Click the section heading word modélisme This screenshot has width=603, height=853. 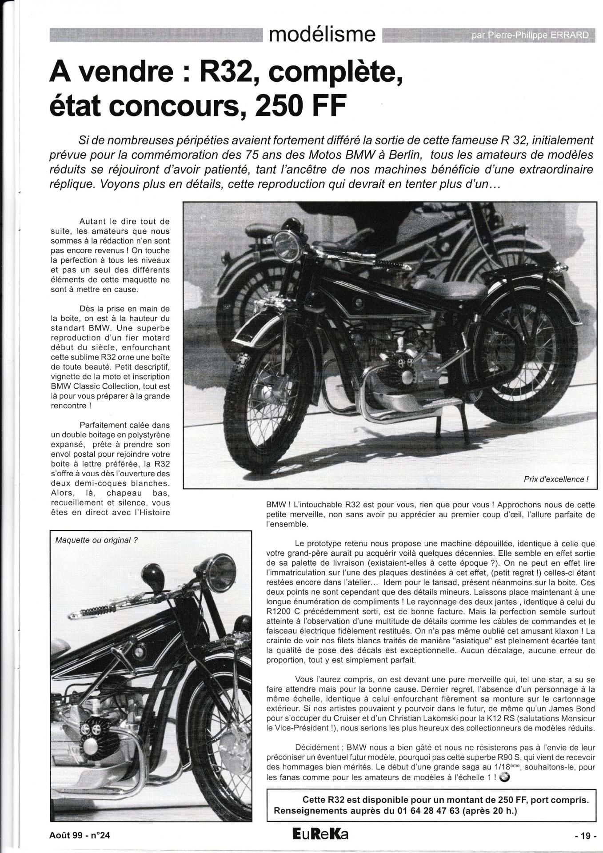[x=322, y=34]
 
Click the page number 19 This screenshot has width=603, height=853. [x=586, y=835]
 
